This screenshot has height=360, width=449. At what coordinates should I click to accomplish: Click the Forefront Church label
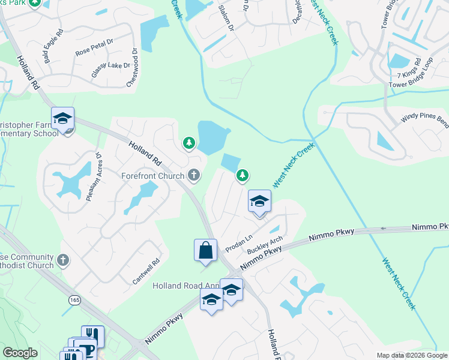tap(153, 176)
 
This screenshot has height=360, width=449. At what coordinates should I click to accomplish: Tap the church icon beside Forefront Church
tap(193, 175)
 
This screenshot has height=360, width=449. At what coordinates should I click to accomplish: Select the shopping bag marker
tap(205, 250)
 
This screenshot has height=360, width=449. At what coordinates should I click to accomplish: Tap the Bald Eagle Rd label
tap(53, 40)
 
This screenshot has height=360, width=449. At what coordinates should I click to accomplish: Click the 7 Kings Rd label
tap(410, 73)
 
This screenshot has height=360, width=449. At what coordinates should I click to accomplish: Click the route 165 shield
tap(74, 299)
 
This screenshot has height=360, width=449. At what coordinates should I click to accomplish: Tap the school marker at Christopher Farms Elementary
tap(62, 119)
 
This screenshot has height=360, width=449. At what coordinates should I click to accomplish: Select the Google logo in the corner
tap(20, 353)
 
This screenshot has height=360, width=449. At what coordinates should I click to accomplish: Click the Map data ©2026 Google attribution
tap(412, 355)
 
